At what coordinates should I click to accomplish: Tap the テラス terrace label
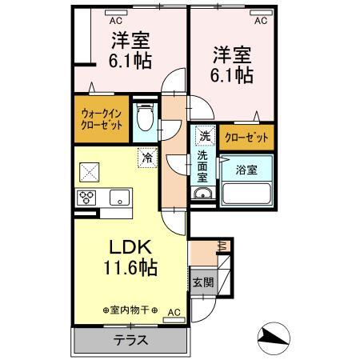pos(131,339)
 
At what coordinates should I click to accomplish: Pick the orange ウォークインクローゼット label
pos(101,119)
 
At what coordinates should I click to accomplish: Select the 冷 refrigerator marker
pos(147,158)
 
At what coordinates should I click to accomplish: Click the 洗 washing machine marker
pos(203,136)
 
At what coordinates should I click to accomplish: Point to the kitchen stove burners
pos(86,198)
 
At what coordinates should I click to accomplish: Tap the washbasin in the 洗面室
pos(203,194)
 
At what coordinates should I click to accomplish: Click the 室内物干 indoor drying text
pos(130,310)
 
